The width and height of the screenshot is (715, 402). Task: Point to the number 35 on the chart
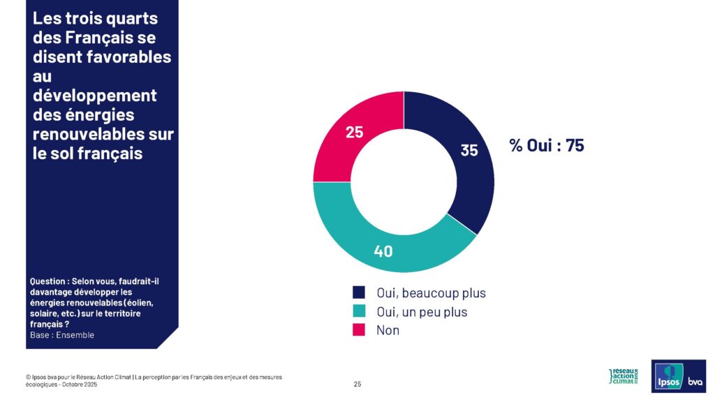tap(469, 149)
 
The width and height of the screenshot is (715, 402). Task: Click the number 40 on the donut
tap(383, 251)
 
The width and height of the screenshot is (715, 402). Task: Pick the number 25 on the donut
tap(354, 131)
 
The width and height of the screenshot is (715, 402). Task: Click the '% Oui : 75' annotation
tap(546, 146)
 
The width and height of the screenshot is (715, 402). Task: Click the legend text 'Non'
tap(388, 330)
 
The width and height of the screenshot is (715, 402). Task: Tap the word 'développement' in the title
tap(94, 95)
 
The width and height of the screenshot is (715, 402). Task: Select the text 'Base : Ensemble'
tap(62, 335)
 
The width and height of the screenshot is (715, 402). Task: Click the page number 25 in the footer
tap(357, 384)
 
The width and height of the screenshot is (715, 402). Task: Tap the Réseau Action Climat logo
tap(624, 376)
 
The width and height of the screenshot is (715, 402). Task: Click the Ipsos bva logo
tap(678, 376)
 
